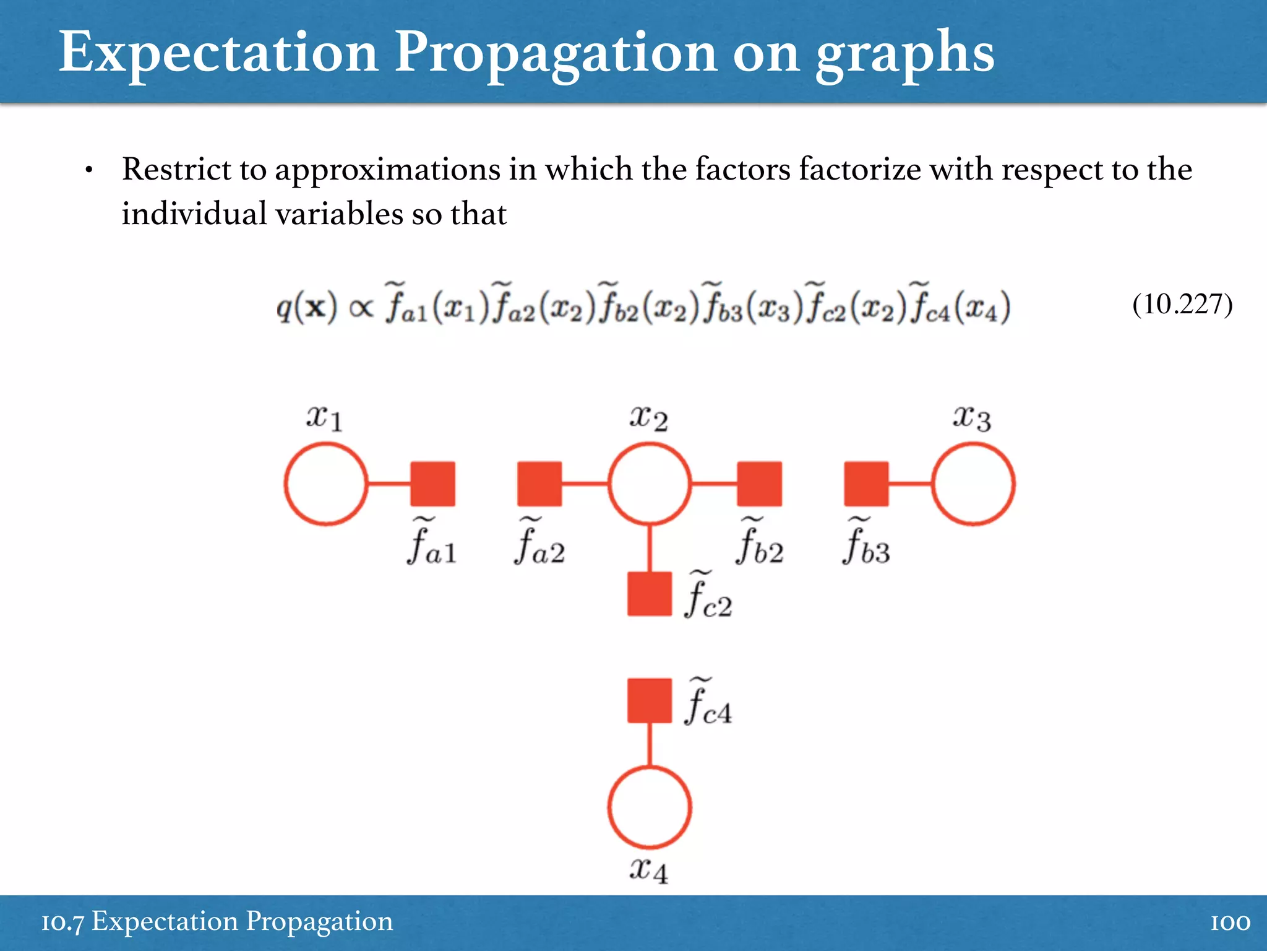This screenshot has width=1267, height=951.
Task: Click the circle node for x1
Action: tap(326, 484)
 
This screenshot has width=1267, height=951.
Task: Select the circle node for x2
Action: tap(649, 484)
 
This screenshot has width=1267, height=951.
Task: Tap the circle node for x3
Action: tap(973, 484)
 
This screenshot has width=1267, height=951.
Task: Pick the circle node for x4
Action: tap(649, 807)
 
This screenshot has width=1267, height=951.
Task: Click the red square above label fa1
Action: tap(433, 484)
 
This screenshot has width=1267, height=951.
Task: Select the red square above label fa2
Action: tap(539, 484)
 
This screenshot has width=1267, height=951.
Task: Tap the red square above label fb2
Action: tap(759, 484)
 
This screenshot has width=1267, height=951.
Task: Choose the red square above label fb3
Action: tap(866, 484)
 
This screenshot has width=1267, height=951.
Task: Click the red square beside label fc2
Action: tap(649, 593)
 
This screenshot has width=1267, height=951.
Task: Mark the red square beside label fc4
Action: tap(649, 700)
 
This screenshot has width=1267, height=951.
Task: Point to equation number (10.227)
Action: tap(1182, 305)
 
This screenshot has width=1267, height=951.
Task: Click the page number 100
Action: tap(1230, 923)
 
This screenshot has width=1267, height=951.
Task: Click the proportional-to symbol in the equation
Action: tap(361, 308)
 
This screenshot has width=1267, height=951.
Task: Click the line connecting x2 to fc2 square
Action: tap(649, 548)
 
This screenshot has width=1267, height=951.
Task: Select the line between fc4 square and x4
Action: tap(649, 745)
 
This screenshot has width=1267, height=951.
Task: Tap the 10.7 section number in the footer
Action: tap(62, 923)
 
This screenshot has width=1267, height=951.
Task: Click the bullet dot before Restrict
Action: tap(89, 171)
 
